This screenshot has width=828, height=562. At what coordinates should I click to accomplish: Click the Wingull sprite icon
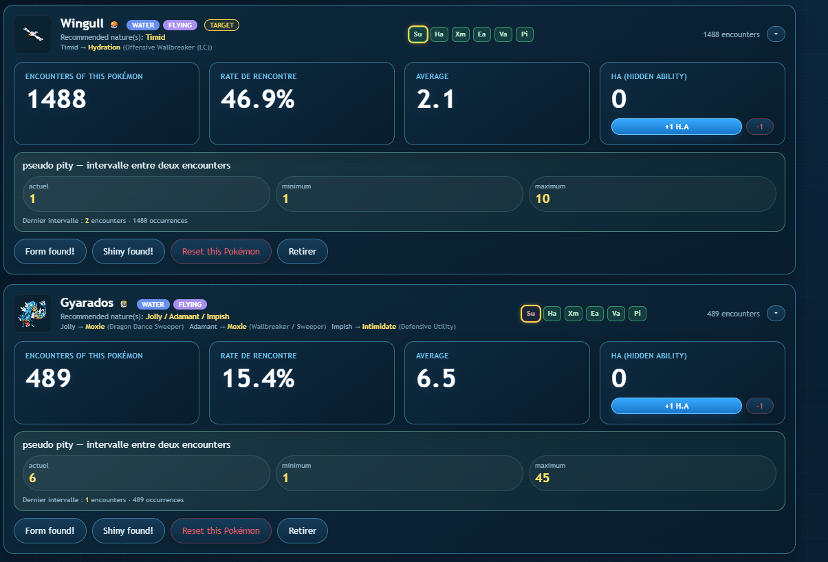[33, 34]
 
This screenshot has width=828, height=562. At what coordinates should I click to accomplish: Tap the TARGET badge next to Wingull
[221, 25]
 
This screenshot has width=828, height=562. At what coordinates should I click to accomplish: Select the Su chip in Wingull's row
[417, 34]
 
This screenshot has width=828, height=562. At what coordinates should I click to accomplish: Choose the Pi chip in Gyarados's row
[638, 314]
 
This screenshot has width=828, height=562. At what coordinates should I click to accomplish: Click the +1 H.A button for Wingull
[677, 127]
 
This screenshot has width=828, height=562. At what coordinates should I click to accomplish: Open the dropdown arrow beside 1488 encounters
[776, 34]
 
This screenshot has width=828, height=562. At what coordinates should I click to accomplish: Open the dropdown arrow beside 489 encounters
[776, 314]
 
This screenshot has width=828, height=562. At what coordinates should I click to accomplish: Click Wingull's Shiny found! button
[129, 252]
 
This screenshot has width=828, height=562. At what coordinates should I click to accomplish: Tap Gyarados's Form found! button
[50, 530]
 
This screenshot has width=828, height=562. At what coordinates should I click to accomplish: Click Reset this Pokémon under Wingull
[221, 252]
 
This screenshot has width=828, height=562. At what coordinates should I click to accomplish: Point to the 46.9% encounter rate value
[258, 99]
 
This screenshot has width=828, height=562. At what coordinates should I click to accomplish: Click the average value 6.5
[436, 378]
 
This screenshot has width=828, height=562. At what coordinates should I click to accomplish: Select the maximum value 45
[543, 477]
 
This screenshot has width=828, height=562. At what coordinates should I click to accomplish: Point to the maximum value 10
[543, 199]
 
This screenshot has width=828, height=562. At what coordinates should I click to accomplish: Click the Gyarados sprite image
[33, 314]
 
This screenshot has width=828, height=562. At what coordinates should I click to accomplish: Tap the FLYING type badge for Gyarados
[190, 304]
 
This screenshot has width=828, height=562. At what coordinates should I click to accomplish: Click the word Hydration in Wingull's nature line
[104, 47]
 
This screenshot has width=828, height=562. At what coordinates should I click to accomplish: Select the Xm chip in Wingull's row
[460, 34]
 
